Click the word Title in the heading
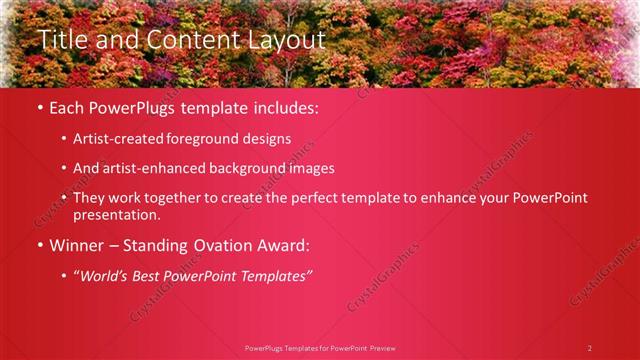(x=62, y=40)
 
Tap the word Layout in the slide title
(x=284, y=40)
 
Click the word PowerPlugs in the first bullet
(x=133, y=108)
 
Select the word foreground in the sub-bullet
(x=218, y=139)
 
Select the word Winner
(x=75, y=245)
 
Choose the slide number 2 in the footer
(x=590, y=348)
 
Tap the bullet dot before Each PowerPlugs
(x=40, y=108)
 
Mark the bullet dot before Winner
(x=40, y=245)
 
